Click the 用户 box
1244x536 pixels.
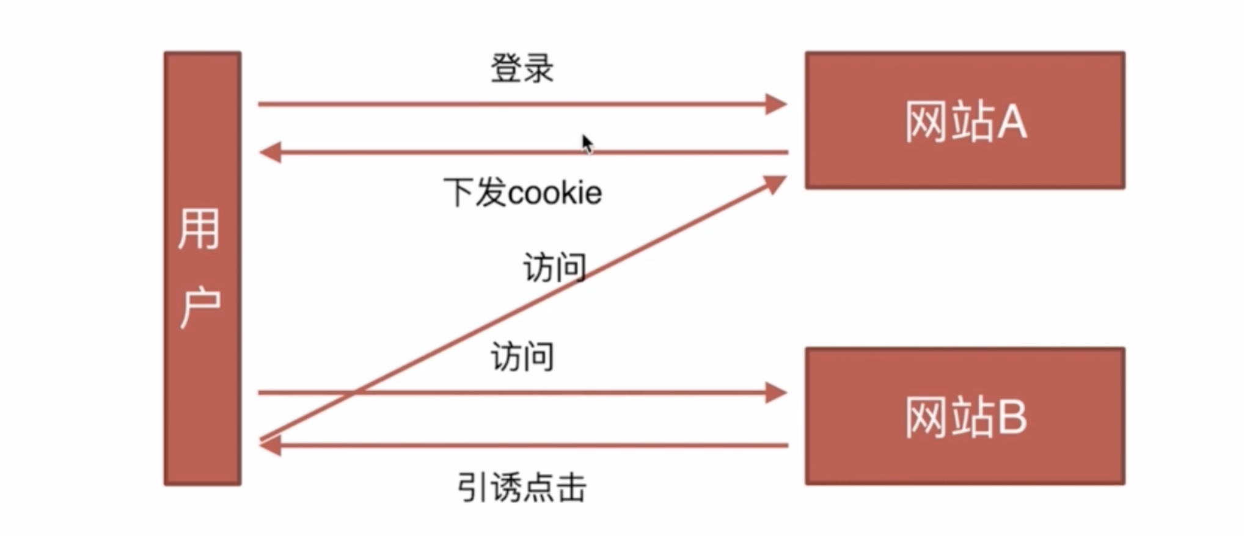pyautogui.click(x=202, y=269)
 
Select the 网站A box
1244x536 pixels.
pyautogui.click(x=965, y=120)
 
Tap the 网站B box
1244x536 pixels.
pyautogui.click(x=965, y=416)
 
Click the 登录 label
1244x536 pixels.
pyautogui.click(x=522, y=68)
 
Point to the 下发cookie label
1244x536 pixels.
pyautogui.click(x=522, y=193)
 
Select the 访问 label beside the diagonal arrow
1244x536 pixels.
pyautogui.click(x=555, y=267)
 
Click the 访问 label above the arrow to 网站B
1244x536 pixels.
pyautogui.click(x=522, y=357)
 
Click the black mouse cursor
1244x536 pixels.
pyautogui.click(x=587, y=144)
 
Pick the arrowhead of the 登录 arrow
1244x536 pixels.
pyautogui.click(x=776, y=104)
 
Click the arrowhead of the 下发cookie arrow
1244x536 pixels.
pyautogui.click(x=270, y=152)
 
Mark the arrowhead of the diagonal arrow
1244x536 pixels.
pyautogui.click(x=775, y=184)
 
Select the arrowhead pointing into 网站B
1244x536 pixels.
pyautogui.click(x=776, y=393)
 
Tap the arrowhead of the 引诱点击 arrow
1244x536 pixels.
pyautogui.click(x=270, y=446)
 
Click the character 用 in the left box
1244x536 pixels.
pyautogui.click(x=199, y=229)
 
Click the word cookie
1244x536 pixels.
pyautogui.click(x=555, y=194)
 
